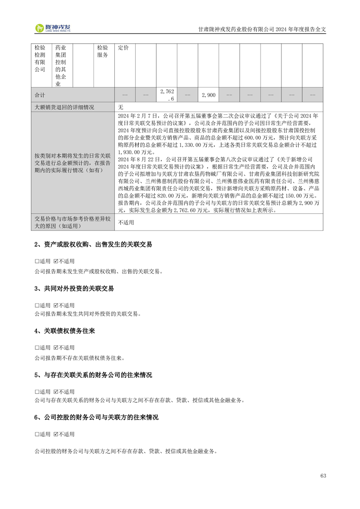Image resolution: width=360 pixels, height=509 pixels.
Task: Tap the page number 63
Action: pyautogui.click(x=323, y=475)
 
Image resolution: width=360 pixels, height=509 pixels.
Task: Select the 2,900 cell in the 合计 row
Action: pyautogui.click(x=208, y=95)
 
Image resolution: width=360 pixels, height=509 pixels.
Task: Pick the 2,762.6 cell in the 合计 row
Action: pyautogui.click(x=167, y=95)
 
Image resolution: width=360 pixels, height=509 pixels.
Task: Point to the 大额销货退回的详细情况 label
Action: pyautogui.click(x=64, y=108)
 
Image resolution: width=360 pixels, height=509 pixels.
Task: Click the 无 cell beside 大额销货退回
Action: pyautogui.click(x=121, y=108)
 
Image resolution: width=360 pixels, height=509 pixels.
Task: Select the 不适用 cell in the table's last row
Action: pyautogui.click(x=126, y=223)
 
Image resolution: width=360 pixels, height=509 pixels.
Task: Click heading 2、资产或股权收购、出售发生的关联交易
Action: pyautogui.click(x=93, y=245)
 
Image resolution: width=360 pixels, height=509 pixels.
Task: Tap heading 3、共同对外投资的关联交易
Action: pyautogui.click(x=74, y=289)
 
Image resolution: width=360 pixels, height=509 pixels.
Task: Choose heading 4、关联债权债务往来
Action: pyautogui.click(x=64, y=332)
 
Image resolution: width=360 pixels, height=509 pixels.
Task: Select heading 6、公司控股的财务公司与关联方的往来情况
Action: pyautogui.click(x=96, y=417)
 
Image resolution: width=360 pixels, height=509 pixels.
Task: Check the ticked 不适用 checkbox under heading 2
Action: pyautogui.click(x=56, y=262)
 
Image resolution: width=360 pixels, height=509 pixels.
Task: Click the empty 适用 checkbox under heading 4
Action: pyautogui.click(x=37, y=348)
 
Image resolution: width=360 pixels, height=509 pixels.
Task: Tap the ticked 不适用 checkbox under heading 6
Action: pyautogui.click(x=56, y=435)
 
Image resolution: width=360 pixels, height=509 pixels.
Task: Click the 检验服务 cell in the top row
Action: pyautogui.click(x=103, y=51)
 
